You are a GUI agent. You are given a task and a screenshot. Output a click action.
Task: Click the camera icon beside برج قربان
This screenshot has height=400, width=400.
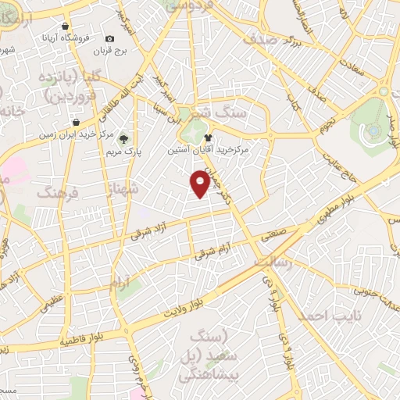[x=109, y=38]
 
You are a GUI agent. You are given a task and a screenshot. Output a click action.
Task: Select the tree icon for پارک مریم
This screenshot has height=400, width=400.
[x=123, y=139]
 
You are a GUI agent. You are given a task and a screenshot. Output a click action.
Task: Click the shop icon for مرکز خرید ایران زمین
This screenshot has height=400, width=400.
[x=75, y=123]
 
